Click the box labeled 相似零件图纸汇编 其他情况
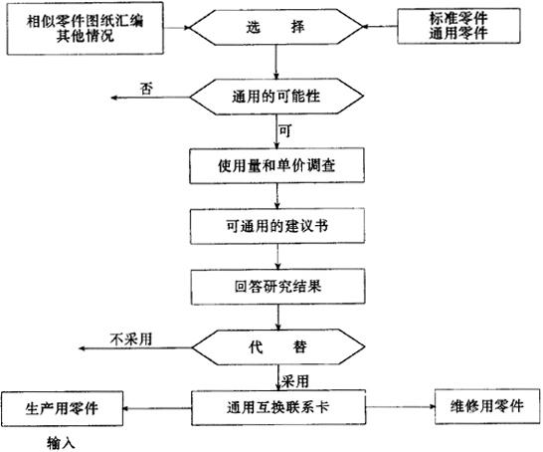(86, 29)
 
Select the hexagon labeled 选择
(276, 27)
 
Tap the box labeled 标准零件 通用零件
(458, 26)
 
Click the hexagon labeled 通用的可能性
(276, 97)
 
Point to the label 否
(146, 89)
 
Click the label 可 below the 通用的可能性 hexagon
(285, 131)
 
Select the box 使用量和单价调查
(276, 165)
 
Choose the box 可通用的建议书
(277, 226)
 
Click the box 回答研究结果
(277, 287)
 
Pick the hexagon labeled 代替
(278, 347)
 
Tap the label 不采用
(131, 339)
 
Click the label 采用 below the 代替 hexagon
(294, 381)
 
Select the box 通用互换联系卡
(278, 407)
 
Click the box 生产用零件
(62, 408)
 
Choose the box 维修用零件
(487, 406)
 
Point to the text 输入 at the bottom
(61, 443)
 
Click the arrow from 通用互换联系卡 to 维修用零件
(401, 406)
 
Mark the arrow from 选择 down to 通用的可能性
(276, 62)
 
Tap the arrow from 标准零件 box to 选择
(380, 26)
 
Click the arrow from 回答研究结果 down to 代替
(277, 318)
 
